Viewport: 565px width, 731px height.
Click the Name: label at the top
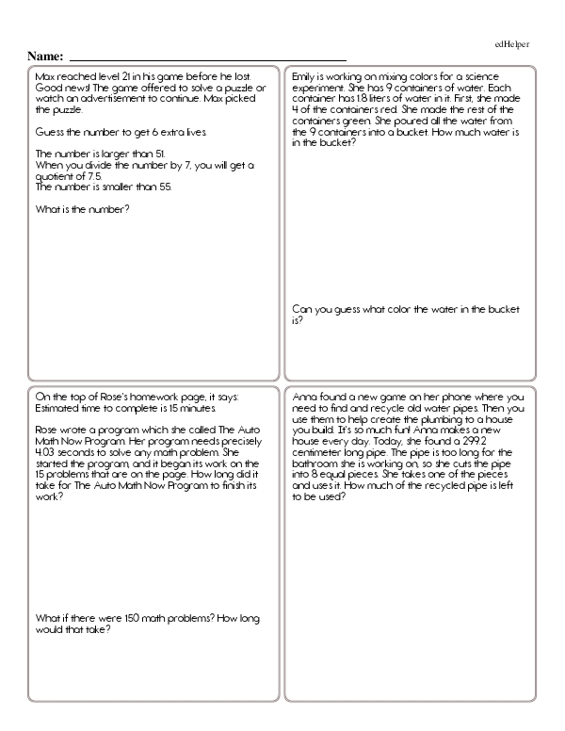pos(46,56)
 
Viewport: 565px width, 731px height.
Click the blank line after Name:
pos(207,58)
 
